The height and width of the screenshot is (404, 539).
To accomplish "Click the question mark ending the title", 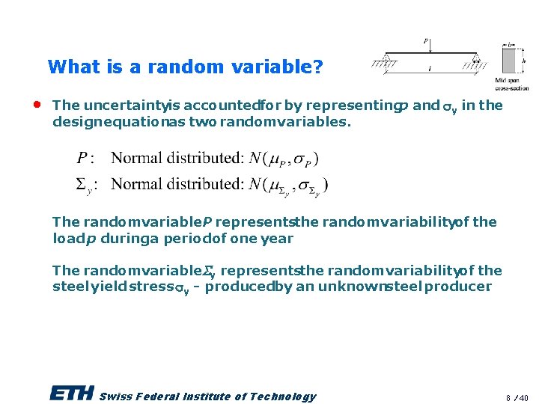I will (319, 67).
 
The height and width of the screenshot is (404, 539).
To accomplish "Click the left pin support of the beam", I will (386, 59).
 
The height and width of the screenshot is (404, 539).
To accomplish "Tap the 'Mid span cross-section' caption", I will (511, 84).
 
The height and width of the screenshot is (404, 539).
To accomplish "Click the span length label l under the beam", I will (430, 68).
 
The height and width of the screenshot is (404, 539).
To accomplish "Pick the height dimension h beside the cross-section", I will (523, 61).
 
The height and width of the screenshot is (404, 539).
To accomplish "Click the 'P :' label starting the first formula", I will (85, 158).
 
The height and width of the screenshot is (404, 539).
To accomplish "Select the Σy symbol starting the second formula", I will (84, 185).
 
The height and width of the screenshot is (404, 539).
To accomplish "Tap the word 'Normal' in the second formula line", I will (135, 183).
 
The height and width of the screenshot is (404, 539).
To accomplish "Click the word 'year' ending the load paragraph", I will (278, 239).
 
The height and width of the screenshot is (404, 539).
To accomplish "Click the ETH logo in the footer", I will (72, 394).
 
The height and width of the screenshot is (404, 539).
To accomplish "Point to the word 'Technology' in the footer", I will (284, 397).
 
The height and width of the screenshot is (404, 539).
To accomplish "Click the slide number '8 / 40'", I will (517, 397).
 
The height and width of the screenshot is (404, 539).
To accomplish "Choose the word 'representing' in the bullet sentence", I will (358, 105).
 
